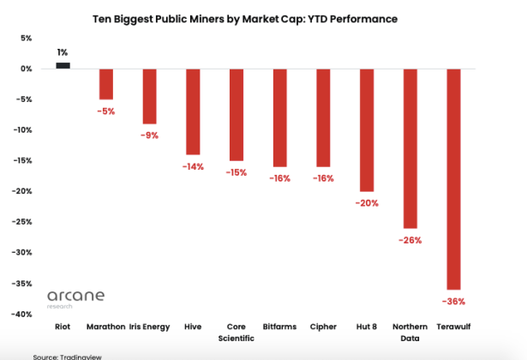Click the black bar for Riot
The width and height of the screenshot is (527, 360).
(63, 65)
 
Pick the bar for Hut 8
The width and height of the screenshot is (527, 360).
(367, 129)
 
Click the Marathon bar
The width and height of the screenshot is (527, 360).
(106, 84)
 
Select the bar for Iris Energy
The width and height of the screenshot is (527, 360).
(149, 96)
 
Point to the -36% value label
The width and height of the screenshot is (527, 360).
(454, 302)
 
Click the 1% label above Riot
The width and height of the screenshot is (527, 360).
(63, 52)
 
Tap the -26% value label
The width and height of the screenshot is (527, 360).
(410, 240)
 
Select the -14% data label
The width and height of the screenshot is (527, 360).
(193, 166)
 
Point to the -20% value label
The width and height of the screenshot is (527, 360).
(367, 203)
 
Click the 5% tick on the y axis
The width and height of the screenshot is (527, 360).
(25, 39)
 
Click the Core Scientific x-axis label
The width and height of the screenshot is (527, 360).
(237, 332)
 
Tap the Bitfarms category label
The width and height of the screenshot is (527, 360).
(280, 327)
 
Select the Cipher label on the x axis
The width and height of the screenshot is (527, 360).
(323, 327)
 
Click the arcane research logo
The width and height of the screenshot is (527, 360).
(75, 298)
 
